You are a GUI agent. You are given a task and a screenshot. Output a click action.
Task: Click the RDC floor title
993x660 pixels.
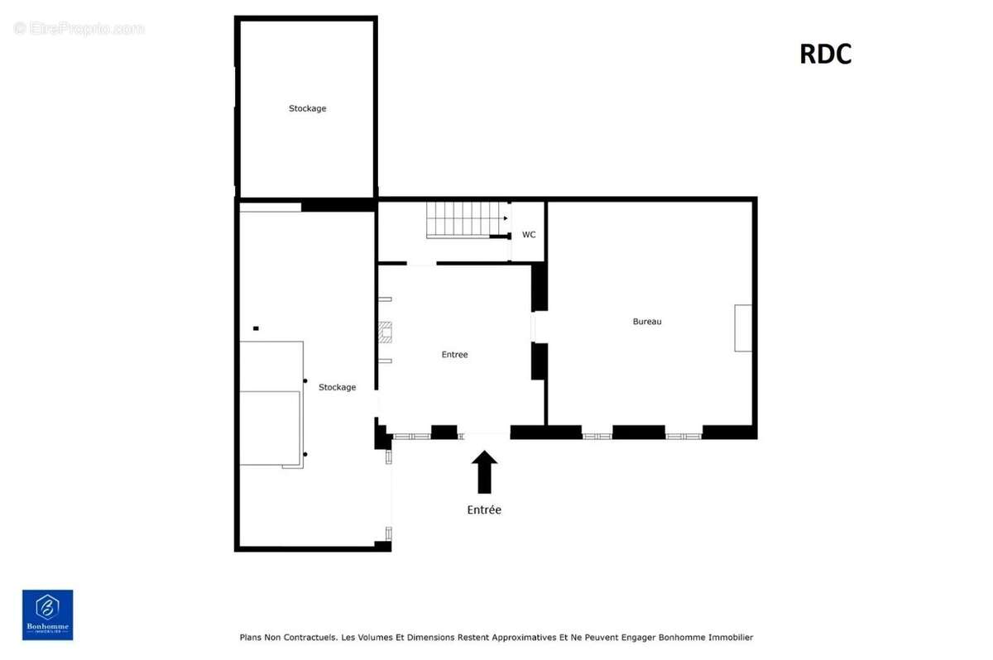825,55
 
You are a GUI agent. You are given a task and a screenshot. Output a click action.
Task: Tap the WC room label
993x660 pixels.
529,235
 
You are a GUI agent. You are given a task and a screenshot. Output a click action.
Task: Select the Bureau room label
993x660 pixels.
647,322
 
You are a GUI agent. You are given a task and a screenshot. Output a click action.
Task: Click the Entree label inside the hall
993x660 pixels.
454,354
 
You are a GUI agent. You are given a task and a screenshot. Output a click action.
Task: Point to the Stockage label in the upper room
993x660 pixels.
307,108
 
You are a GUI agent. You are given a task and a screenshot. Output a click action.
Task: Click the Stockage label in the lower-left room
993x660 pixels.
337,388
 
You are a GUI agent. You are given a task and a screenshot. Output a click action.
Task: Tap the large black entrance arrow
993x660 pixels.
484,471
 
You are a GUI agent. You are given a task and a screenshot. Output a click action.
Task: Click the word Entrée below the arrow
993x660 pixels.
484,509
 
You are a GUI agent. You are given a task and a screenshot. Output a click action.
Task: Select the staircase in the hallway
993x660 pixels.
467,220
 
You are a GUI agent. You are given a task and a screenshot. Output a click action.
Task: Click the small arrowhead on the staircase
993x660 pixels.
506,218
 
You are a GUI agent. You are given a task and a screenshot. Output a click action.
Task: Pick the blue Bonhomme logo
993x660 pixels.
48,615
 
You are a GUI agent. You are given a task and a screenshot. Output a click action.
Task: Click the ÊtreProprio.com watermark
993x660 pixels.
79,29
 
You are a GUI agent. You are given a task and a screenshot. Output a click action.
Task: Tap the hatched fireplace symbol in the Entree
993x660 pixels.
385,332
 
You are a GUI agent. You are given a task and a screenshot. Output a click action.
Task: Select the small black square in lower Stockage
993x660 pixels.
256,328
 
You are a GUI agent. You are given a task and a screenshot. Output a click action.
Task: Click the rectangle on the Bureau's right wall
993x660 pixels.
743,328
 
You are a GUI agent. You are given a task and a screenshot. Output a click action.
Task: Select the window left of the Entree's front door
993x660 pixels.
412,437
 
